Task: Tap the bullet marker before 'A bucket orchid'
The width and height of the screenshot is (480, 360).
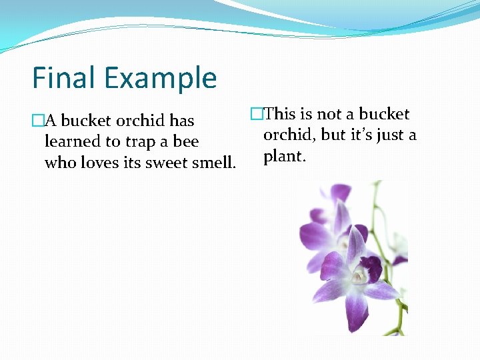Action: point(38,121)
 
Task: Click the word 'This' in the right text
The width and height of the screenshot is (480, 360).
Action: point(280,114)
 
